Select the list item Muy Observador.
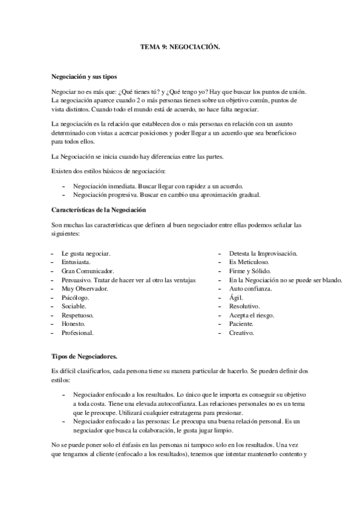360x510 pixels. (84, 289)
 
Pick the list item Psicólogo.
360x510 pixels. (75, 298)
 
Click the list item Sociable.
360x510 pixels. (75, 306)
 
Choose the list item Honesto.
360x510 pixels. (73, 324)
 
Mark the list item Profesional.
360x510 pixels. (77, 333)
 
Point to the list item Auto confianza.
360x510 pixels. (251, 289)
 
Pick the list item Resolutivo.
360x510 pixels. (244, 306)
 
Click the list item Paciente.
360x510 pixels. (242, 324)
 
